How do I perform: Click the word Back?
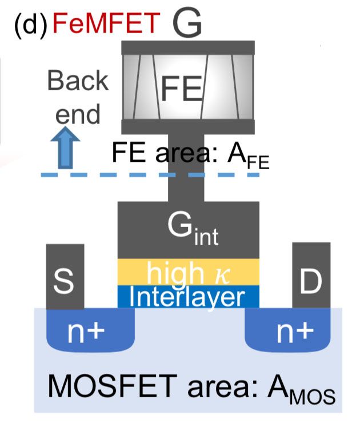pyautogui.click(x=77, y=82)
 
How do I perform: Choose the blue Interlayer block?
pyautogui.click(x=188, y=296)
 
